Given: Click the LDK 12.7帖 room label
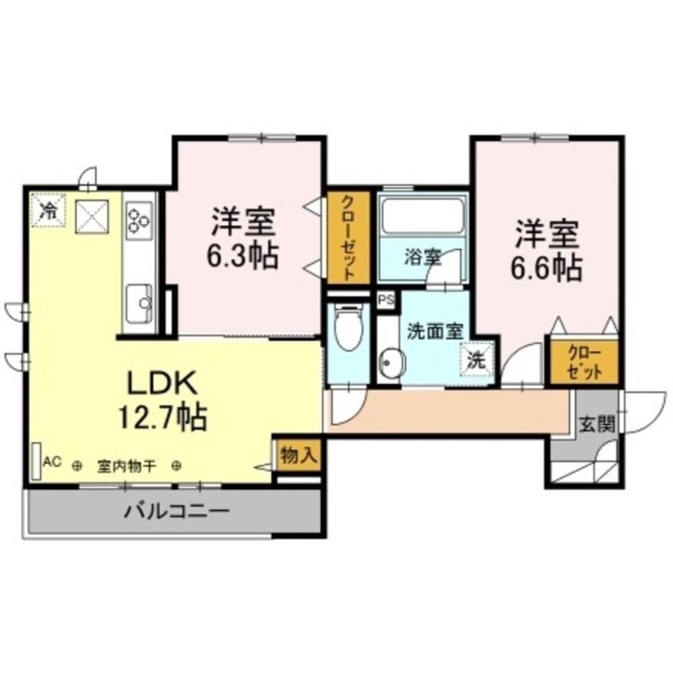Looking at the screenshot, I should (162, 400).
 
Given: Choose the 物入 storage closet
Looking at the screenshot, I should (297, 455).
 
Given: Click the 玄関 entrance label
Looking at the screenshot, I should (596, 424).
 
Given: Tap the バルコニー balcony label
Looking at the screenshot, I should (176, 511).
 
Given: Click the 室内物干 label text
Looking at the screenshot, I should (127, 465).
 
